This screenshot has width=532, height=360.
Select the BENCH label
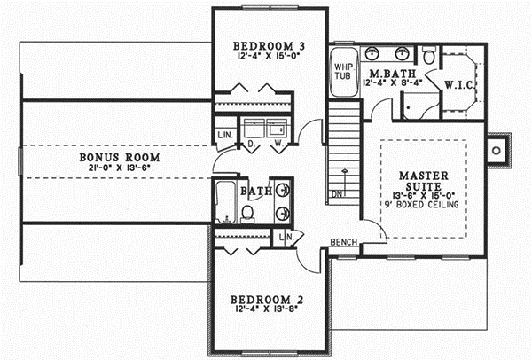(x=343, y=242)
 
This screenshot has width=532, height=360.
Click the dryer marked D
(x=252, y=142)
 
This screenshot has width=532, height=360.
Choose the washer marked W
(x=278, y=142)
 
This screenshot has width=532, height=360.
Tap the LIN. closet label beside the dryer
(x=224, y=136)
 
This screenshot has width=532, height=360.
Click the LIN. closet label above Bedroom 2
(x=286, y=238)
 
